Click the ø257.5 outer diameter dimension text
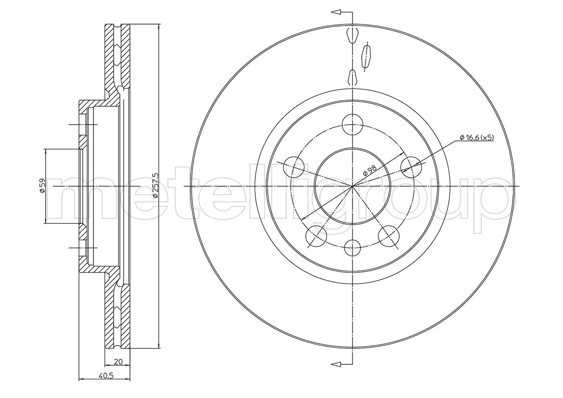point(155,185)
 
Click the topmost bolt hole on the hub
point(353,125)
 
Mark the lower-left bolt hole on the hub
point(317,236)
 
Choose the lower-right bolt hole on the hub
point(389,236)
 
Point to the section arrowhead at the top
point(336,13)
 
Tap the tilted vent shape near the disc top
point(366,56)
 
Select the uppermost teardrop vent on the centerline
point(352,35)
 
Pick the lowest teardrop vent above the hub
point(352,77)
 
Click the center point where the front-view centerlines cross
point(353,186)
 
